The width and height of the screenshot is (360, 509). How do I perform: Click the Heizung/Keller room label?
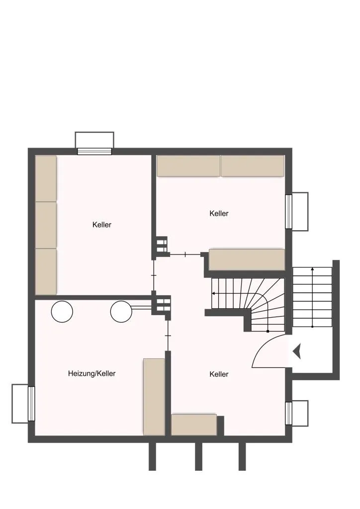pyautogui.click(x=92, y=374)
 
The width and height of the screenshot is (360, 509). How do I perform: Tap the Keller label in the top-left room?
pyautogui.click(x=102, y=225)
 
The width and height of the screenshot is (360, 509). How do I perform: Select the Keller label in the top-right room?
pyautogui.click(x=219, y=213)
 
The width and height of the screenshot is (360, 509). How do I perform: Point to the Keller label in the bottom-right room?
pyautogui.click(x=219, y=374)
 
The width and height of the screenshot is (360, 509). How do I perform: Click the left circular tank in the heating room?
pyautogui.click(x=62, y=312)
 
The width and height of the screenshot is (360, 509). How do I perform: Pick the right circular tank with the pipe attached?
pyautogui.click(x=121, y=312)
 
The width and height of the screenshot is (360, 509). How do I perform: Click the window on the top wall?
pyautogui.click(x=94, y=151)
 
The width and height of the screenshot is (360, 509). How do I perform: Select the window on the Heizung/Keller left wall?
pyautogui.click(x=31, y=404)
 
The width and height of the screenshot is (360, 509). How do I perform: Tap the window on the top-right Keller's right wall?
pyautogui.click(x=288, y=212)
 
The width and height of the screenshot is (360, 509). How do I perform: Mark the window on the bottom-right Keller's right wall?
pyautogui.click(x=288, y=413)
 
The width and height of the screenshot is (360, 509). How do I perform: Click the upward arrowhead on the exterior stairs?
pyautogui.click(x=312, y=269)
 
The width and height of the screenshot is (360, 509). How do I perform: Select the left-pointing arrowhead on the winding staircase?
pyautogui.click(x=213, y=293)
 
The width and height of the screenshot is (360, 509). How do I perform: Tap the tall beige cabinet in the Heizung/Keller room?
pyautogui.click(x=154, y=397)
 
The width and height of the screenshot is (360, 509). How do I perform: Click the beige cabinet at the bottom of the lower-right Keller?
pyautogui.click(x=194, y=424)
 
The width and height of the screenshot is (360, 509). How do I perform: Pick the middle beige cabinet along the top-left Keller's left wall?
pyautogui.click(x=46, y=225)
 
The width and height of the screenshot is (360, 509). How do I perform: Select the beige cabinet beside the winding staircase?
pyautogui.click(x=247, y=259)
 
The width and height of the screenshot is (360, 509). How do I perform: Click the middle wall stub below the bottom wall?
pyautogui.click(x=198, y=457)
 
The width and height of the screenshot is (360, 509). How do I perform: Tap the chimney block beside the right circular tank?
pyautogui.click(x=161, y=305)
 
